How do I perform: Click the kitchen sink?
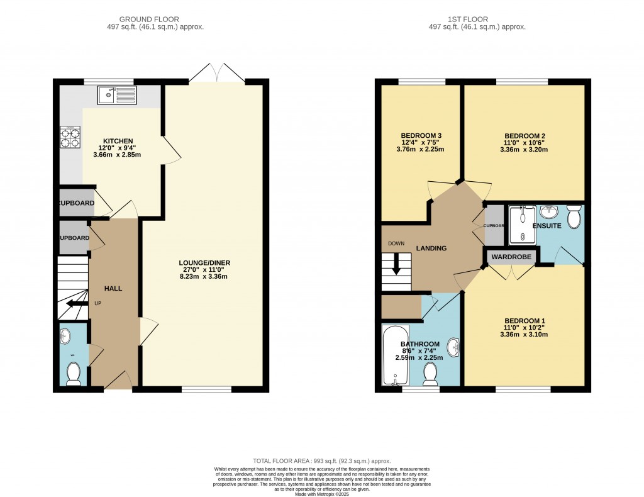[x=116, y=96]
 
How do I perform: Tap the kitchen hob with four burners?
[x=70, y=137]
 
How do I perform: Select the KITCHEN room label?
[x=118, y=141]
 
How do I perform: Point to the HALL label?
[x=114, y=288]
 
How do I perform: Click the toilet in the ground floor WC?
[x=73, y=374]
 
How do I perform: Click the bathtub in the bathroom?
[x=395, y=355]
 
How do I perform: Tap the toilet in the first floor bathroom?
[x=431, y=374]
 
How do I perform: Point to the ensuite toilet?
[x=574, y=216]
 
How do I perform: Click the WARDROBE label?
[x=511, y=257]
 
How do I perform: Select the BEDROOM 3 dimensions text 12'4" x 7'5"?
[x=422, y=143]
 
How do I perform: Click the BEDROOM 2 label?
[x=524, y=136]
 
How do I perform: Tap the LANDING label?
[x=431, y=248]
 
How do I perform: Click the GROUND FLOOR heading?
[x=157, y=20]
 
